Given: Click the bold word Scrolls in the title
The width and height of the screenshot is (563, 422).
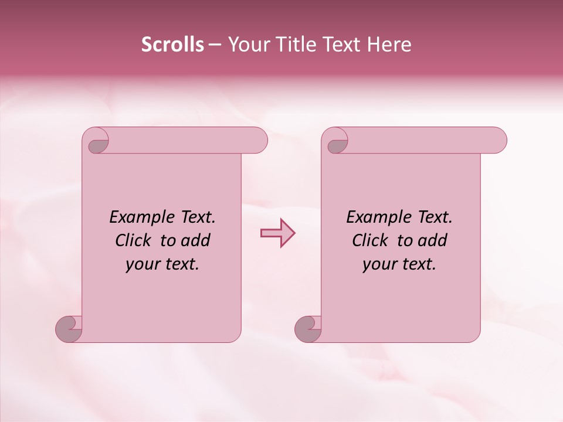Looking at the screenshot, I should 172,45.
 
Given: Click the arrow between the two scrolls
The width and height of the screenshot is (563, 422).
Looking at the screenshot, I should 277,233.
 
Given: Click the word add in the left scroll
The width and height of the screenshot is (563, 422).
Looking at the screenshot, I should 195,240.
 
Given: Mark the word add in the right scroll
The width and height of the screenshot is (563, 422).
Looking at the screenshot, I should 432,240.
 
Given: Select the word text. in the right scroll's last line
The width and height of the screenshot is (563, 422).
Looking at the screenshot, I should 418,264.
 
